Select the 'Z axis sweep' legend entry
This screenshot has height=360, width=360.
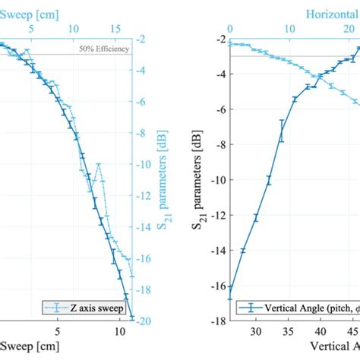(90, 308)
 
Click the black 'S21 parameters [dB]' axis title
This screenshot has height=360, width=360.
(200, 180)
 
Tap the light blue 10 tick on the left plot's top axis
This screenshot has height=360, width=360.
(73, 29)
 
